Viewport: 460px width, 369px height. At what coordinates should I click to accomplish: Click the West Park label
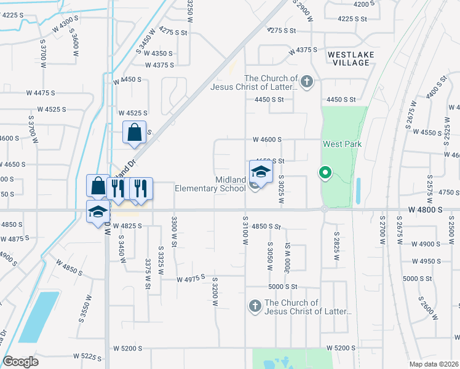pyautogui.click(x=342, y=143)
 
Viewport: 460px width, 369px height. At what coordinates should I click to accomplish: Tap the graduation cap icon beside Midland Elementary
pyautogui.click(x=261, y=172)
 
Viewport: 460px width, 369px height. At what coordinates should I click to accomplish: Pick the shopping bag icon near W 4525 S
pyautogui.click(x=135, y=132)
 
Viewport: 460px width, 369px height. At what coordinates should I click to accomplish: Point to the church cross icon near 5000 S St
pyautogui.click(x=255, y=306)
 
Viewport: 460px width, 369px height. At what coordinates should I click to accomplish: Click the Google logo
pyautogui.click(x=20, y=362)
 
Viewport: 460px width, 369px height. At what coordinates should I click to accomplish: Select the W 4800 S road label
pyautogui.click(x=426, y=210)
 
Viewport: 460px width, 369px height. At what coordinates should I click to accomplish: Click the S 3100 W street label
pyautogui.click(x=245, y=231)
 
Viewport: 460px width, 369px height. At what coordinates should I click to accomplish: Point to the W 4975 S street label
pyautogui.click(x=190, y=279)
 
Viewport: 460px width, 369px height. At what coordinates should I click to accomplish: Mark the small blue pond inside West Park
pyautogui.click(x=358, y=191)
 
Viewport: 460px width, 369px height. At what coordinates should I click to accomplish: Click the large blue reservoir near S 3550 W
pyautogui.click(x=39, y=316)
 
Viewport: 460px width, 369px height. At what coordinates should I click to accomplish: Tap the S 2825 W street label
pyautogui.click(x=337, y=245)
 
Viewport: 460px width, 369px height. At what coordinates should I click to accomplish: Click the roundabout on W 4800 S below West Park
pyautogui.click(x=324, y=209)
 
